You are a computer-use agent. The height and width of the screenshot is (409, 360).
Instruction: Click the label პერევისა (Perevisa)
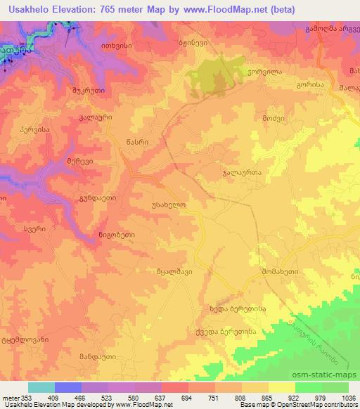click(x=34, y=130)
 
